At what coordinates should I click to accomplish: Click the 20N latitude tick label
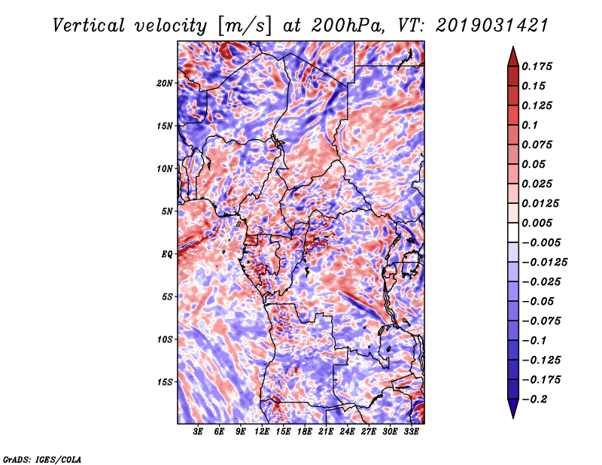(x=164, y=84)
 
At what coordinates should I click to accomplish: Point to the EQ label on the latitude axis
(x=166, y=254)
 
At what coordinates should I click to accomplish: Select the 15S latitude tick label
(x=164, y=382)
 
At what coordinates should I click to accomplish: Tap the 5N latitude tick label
(x=167, y=211)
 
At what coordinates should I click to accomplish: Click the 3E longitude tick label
(x=198, y=432)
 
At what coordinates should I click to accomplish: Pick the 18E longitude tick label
(x=305, y=432)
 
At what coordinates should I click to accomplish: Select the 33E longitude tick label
(x=411, y=432)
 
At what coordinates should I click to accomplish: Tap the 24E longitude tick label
(x=347, y=432)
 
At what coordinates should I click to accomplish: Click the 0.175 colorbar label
(x=537, y=66)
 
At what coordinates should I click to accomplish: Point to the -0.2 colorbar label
(x=534, y=400)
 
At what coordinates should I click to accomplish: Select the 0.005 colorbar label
(x=537, y=223)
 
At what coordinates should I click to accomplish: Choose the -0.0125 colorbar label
(x=544, y=263)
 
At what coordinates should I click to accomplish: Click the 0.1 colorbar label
(x=530, y=125)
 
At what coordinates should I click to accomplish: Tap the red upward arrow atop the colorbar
(x=513, y=56)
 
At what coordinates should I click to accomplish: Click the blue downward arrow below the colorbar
(x=513, y=409)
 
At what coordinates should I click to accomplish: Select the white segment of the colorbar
(x=513, y=232)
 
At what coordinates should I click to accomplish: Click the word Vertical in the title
(x=88, y=26)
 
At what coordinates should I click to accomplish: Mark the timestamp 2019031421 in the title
(x=492, y=26)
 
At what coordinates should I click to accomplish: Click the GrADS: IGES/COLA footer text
(x=42, y=460)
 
